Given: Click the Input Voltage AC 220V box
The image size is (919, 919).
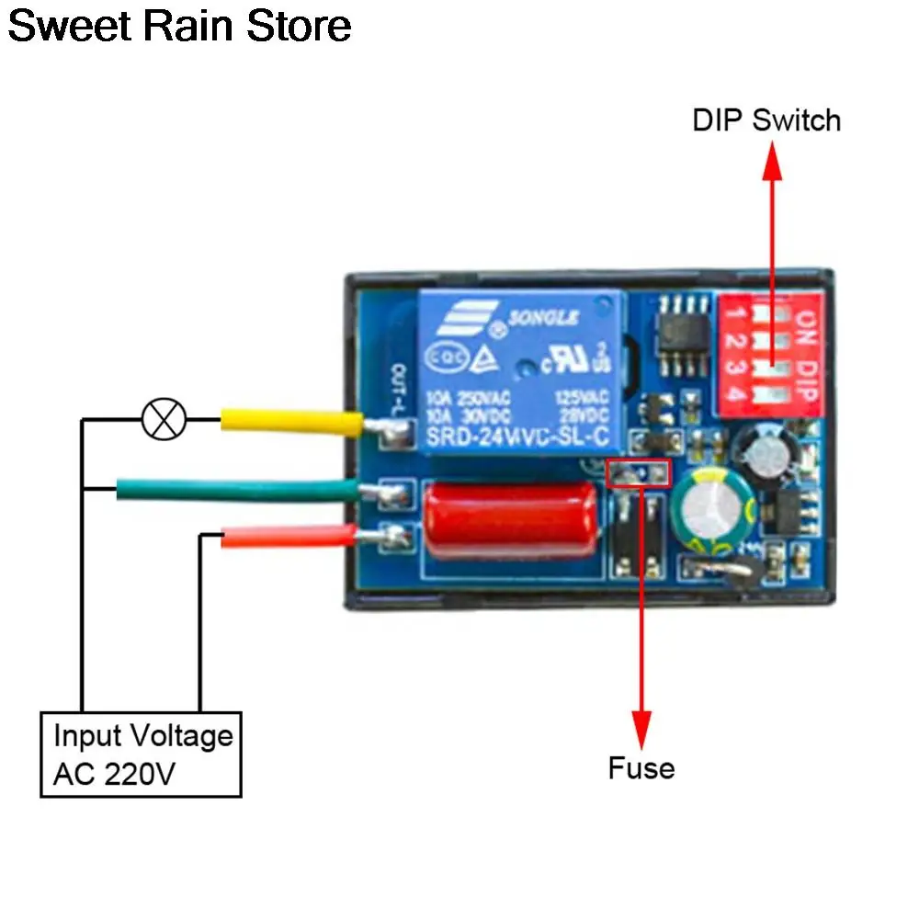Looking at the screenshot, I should click(141, 754).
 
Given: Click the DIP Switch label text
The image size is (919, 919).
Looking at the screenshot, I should click(766, 120).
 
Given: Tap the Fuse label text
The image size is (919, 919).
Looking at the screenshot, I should click(641, 767).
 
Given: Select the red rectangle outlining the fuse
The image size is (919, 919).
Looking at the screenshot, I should click(640, 472).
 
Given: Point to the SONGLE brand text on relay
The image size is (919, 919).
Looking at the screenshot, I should click(546, 319).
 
